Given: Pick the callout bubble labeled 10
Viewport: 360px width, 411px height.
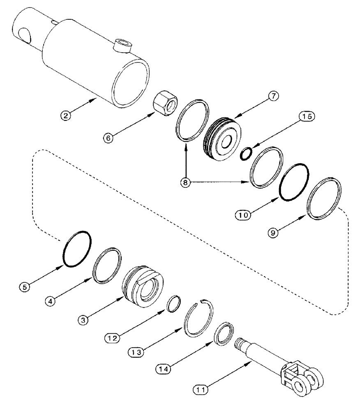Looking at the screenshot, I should point(243,214).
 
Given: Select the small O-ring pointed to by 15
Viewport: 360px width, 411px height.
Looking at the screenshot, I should point(246,154).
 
